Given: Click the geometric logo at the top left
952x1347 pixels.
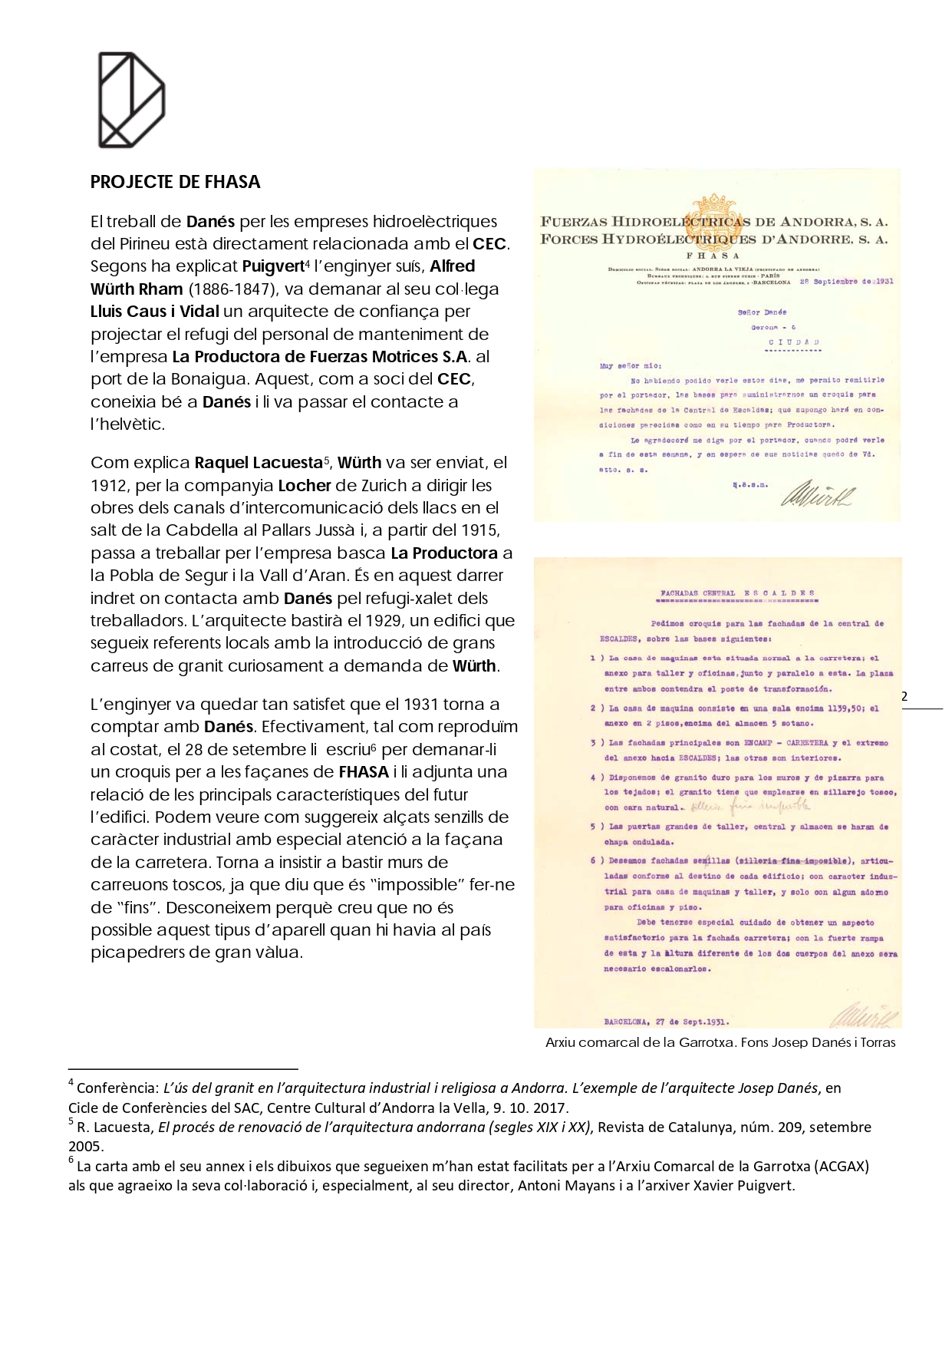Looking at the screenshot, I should (x=131, y=100).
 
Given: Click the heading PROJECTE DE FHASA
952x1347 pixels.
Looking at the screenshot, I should (x=175, y=182).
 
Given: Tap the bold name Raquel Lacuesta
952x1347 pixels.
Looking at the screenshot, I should (x=258, y=463).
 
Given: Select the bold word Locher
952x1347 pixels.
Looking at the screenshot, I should (x=304, y=486).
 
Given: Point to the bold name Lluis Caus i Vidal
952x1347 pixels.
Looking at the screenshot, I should (x=155, y=312).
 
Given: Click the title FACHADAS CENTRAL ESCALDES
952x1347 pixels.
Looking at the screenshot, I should (x=736, y=593).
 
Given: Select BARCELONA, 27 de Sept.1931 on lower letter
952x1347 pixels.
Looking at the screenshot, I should (x=666, y=1022).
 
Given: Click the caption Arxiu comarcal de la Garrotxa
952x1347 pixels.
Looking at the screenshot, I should (x=720, y=1042).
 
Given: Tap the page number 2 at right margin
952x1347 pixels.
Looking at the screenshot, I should (x=904, y=696).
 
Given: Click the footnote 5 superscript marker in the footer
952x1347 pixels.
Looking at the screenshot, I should (x=71, y=1122).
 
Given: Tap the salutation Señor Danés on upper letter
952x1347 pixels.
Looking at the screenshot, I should (x=761, y=312).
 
